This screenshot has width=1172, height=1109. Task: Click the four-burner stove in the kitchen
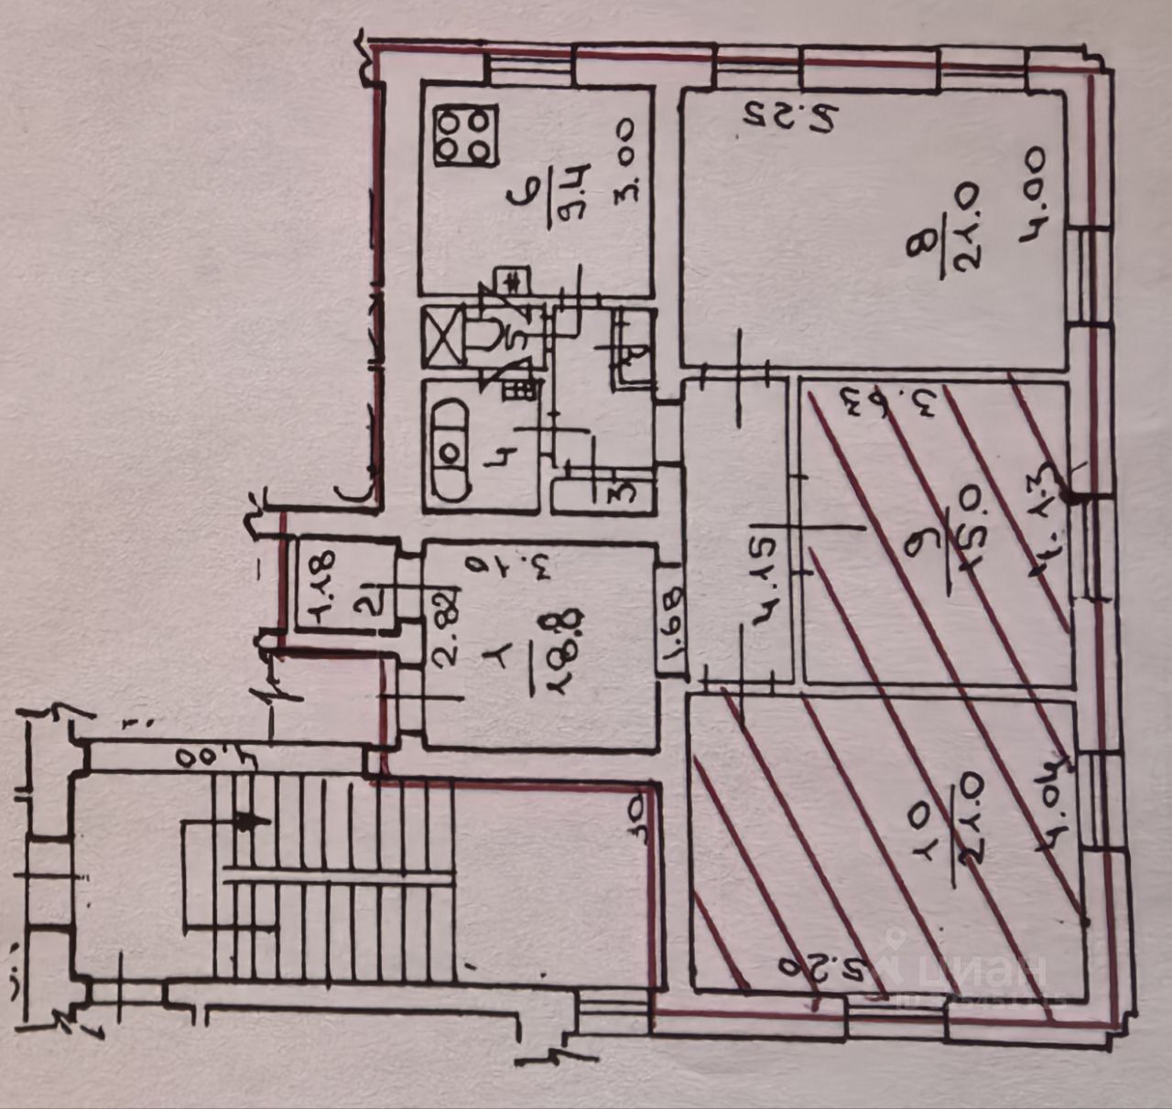click(x=465, y=136)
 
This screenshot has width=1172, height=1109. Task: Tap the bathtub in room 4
click(x=450, y=450)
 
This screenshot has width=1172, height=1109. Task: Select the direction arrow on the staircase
click(x=245, y=821)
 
